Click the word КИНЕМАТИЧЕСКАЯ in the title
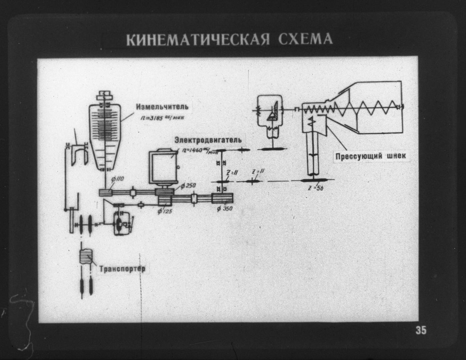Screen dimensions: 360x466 [198, 39]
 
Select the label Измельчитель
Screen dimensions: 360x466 [162, 107]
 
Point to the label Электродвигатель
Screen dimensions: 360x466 [208, 140]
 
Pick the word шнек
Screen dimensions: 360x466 [396, 156]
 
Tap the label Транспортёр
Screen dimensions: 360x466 [122, 269]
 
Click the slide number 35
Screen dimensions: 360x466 [421, 331]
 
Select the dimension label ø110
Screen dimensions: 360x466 [118, 179]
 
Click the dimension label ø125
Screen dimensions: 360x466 [165, 211]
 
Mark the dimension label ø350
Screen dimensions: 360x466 [224, 209]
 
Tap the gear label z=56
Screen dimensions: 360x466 [316, 188]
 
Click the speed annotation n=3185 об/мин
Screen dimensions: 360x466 [162, 117]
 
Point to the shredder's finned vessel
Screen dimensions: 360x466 [105, 133]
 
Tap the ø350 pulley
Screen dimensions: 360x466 [222, 198]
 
